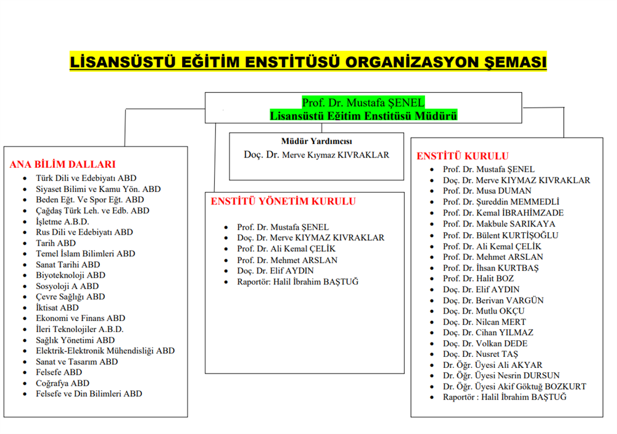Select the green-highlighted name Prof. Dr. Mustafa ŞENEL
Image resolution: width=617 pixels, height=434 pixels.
click(363, 102)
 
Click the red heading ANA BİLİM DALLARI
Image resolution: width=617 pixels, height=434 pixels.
click(62, 164)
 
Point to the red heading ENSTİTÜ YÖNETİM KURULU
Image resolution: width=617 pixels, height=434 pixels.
click(283, 201)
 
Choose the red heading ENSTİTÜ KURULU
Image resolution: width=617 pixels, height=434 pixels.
click(463, 156)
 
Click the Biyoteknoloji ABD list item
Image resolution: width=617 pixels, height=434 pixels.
click(70, 275)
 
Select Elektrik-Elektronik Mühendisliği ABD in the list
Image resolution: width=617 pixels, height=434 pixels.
click(105, 351)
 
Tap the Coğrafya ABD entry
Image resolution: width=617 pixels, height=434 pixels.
click(62, 383)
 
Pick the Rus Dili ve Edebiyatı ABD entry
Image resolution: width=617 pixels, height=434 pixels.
click(84, 232)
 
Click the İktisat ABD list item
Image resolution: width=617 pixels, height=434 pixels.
click(57, 307)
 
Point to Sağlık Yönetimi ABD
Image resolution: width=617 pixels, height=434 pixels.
click(75, 340)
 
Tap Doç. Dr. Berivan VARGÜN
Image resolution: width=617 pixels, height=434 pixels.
click(493, 301)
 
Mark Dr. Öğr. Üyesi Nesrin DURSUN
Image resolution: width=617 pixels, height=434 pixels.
click(501, 375)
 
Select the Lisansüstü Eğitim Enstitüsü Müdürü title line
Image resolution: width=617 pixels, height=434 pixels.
click(363, 115)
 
